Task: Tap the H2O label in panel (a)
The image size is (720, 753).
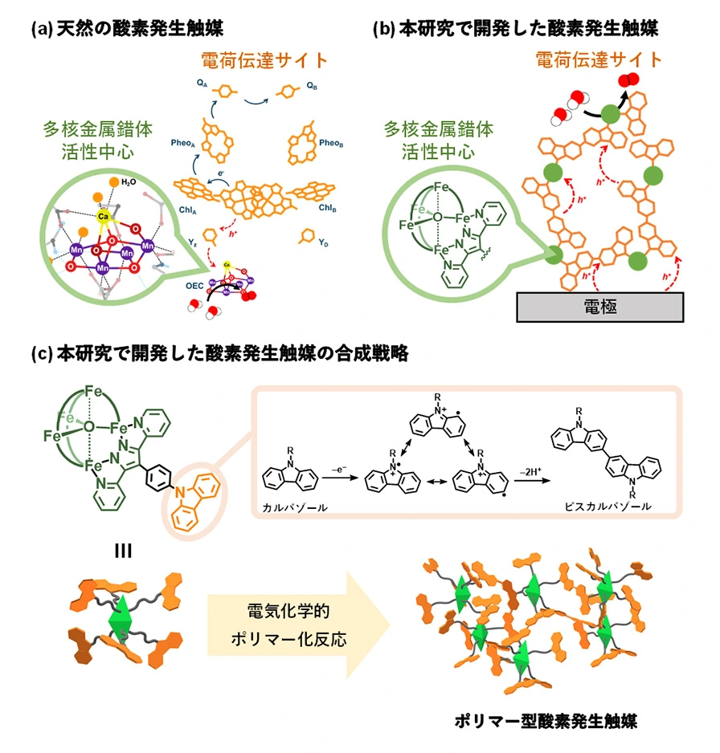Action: click(x=129, y=182)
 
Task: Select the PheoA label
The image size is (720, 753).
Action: click(x=182, y=144)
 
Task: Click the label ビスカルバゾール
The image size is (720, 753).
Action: click(x=607, y=508)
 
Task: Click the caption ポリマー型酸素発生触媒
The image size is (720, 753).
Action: click(x=550, y=721)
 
